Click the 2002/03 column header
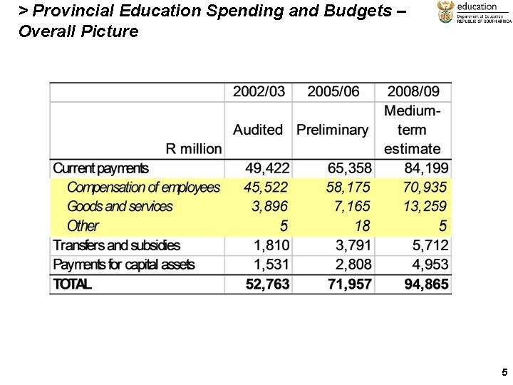(x=259, y=91)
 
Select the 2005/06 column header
(x=333, y=91)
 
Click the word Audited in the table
(x=258, y=130)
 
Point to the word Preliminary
(x=332, y=130)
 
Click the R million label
(x=193, y=149)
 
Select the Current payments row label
(x=100, y=169)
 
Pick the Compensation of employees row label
(x=143, y=188)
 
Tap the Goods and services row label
(x=120, y=207)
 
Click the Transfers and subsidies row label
(x=116, y=245)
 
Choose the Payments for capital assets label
(x=123, y=265)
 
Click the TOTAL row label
(x=72, y=284)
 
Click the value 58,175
(x=348, y=188)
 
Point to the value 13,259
(x=425, y=207)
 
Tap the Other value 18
(x=362, y=226)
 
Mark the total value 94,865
(x=425, y=284)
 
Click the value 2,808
(x=352, y=265)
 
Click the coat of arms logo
(x=445, y=12)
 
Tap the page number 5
(x=504, y=372)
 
